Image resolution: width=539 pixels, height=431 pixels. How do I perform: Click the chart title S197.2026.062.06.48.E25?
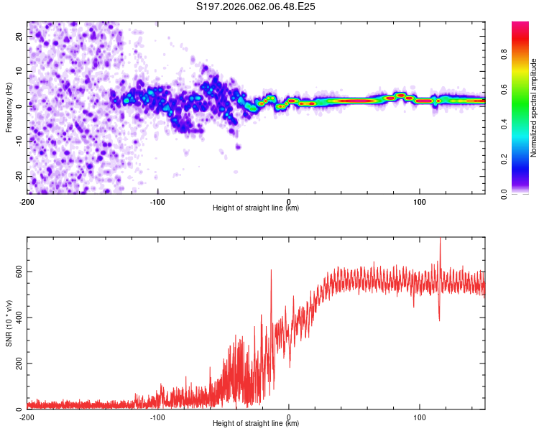pyautogui.click(x=257, y=7)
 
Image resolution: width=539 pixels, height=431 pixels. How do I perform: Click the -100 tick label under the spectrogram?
pyautogui.click(x=158, y=200)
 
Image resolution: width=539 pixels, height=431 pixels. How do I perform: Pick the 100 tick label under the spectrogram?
pyautogui.click(x=420, y=200)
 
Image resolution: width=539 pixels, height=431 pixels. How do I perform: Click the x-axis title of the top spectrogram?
pyautogui.click(x=256, y=208)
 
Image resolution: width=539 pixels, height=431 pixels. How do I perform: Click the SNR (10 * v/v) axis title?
pyautogui.click(x=9, y=323)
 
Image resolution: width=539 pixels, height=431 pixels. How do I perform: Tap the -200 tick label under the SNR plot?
pyautogui.click(x=27, y=417)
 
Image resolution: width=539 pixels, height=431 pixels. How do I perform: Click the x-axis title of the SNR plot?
pyautogui.click(x=256, y=425)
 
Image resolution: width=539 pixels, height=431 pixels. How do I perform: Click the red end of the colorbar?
pyautogui.click(x=520, y=26)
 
